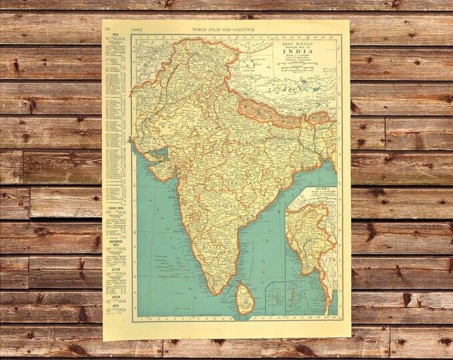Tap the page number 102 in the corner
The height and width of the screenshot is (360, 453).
(x=108, y=29)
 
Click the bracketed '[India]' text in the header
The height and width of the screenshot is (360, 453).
(x=138, y=29)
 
